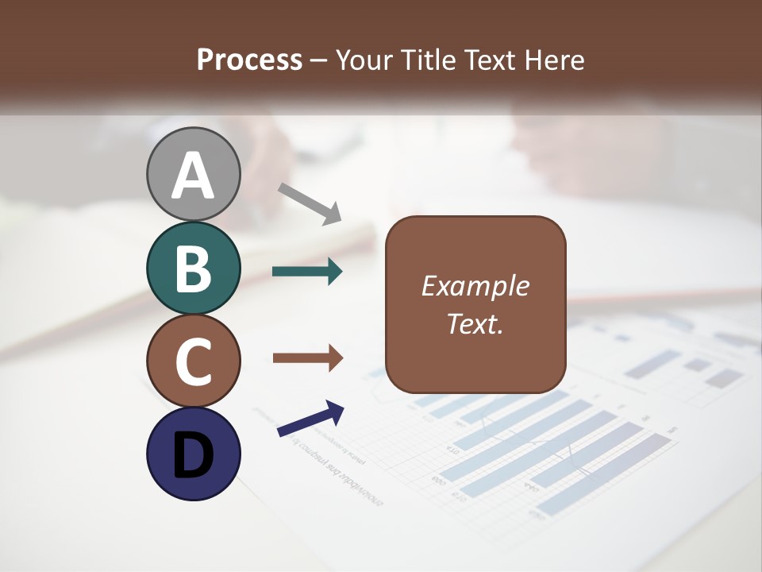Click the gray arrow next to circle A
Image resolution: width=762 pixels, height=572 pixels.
tap(310, 203)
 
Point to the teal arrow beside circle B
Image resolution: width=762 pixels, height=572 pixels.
tap(307, 272)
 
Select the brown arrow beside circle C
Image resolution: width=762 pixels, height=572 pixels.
tap(307, 358)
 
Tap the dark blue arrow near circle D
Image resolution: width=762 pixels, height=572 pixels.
tap(310, 419)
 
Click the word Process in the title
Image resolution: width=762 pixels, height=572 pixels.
tap(249, 60)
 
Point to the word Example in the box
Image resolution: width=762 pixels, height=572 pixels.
tap(475, 286)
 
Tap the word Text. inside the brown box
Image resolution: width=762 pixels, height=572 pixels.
tap(475, 324)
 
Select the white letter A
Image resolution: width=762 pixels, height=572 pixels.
tap(194, 176)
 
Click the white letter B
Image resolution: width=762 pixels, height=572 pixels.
tap(193, 269)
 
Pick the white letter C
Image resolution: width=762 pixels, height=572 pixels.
tap(193, 361)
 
